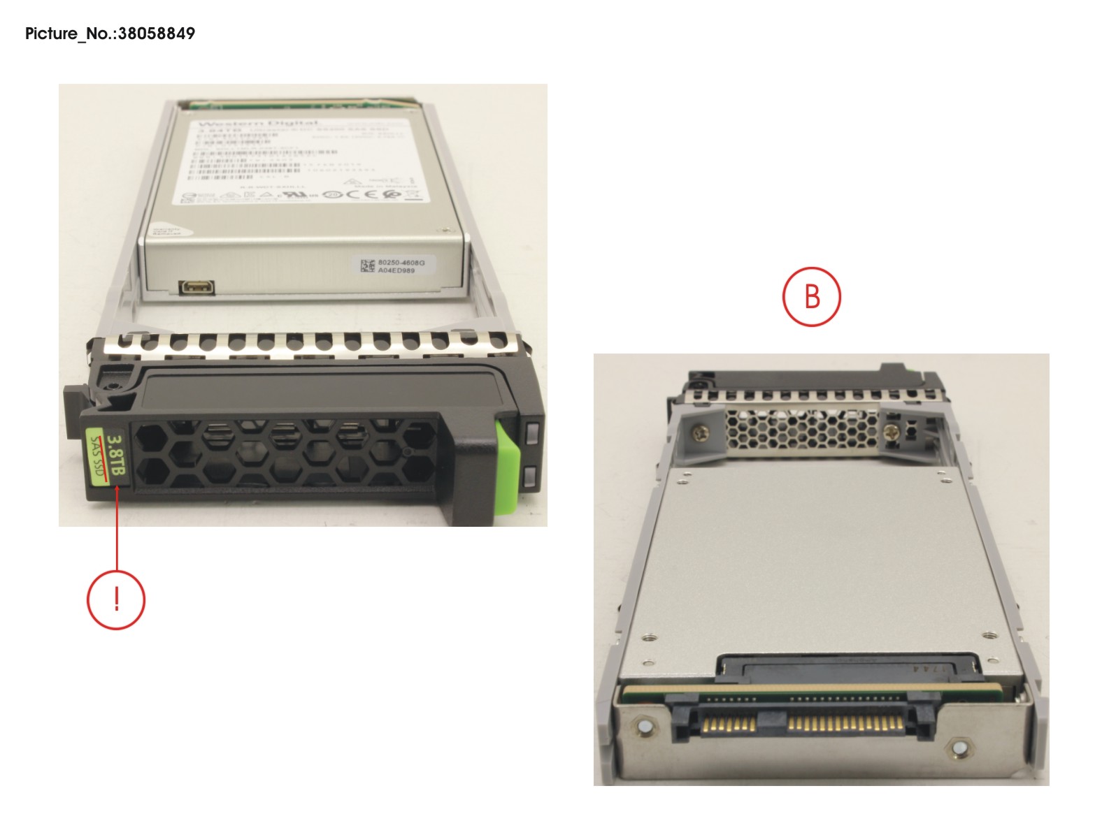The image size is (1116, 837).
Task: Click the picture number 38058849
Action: tap(156, 34)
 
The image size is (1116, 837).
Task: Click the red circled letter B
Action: tap(811, 297)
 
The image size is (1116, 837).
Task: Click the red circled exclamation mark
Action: tap(116, 600)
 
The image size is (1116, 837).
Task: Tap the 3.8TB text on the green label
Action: tap(117, 456)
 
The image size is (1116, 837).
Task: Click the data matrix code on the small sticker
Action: tap(367, 265)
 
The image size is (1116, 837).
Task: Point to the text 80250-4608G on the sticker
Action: tap(401, 263)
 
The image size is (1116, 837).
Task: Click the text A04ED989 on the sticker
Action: tap(396, 270)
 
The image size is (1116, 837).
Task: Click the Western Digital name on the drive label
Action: tap(259, 123)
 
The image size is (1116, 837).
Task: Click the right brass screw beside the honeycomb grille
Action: tap(891, 434)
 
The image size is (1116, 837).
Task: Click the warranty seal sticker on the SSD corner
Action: tap(166, 231)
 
